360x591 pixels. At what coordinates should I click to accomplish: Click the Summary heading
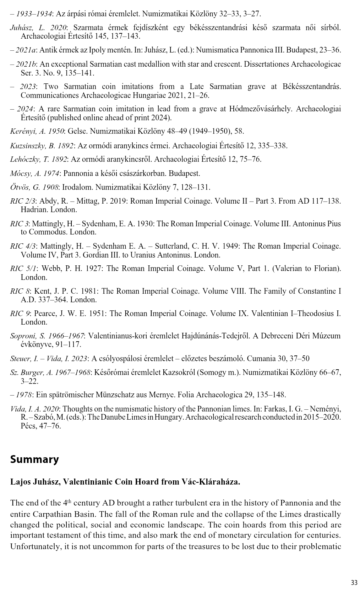(34, 459)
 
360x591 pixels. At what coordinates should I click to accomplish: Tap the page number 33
(354, 582)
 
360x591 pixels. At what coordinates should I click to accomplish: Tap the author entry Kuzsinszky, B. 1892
(42, 145)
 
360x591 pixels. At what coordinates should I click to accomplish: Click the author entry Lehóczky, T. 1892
(39, 159)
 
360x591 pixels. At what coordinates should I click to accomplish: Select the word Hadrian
(34, 210)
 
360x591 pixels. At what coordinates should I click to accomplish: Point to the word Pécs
(28, 426)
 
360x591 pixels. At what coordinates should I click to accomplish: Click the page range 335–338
(274, 145)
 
